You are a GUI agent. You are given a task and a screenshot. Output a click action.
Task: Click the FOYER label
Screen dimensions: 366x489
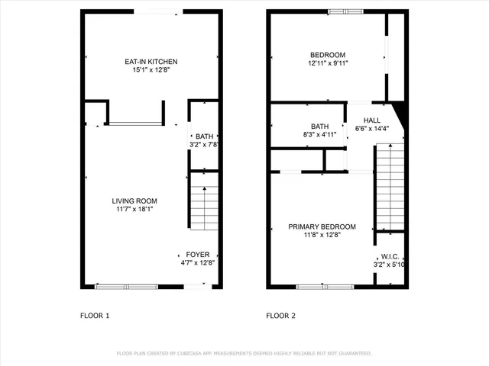click(198, 255)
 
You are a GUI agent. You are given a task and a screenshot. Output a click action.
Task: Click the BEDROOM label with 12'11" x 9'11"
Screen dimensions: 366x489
click(328, 55)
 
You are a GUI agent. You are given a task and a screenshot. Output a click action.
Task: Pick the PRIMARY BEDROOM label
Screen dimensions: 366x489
click(322, 227)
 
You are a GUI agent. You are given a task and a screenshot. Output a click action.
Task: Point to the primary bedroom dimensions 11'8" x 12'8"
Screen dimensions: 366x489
click(322, 236)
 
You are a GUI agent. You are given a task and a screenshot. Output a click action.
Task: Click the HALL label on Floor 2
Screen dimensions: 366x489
click(372, 120)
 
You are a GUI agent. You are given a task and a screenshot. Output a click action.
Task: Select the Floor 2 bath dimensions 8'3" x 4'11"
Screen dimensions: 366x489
click(319, 135)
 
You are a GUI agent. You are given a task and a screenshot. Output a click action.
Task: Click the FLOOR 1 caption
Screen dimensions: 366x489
click(96, 315)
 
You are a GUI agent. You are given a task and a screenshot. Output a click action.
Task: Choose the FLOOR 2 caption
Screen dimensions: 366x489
click(280, 315)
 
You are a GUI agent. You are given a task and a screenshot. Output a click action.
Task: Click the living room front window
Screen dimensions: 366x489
click(126, 287)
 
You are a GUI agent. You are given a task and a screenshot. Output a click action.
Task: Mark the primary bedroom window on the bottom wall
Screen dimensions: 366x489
click(320, 287)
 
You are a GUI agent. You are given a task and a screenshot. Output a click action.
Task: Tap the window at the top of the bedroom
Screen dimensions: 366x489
click(345, 11)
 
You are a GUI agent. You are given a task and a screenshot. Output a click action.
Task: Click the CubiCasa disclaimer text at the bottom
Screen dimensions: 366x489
click(244, 354)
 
